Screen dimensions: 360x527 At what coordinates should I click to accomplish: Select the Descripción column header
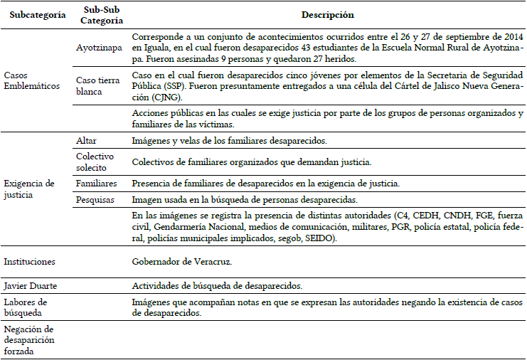(x=328, y=15)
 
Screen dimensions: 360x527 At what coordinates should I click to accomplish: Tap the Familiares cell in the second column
(x=97, y=183)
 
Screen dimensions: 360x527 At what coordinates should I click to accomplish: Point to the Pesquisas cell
(x=95, y=200)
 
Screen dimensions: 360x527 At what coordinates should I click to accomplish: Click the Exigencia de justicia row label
(x=29, y=189)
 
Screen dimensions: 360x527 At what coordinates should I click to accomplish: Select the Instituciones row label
(x=29, y=262)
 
